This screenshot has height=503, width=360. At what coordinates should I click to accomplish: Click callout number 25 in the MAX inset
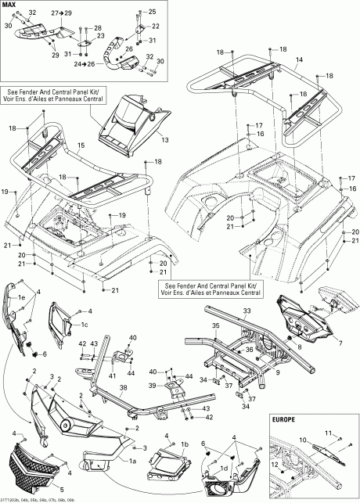point(152,12)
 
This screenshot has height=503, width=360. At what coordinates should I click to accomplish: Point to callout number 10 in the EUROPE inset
point(303,440)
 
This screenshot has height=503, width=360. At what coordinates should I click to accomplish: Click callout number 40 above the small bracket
point(132,337)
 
